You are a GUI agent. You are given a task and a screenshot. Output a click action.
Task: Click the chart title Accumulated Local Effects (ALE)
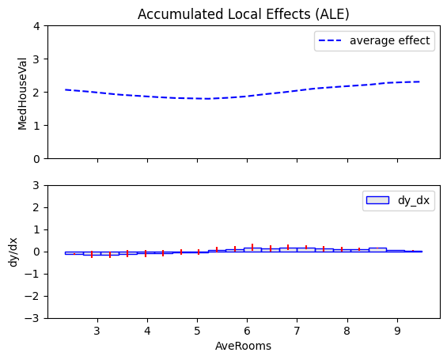[243, 14]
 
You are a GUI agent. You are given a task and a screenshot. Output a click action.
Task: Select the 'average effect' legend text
[390, 40]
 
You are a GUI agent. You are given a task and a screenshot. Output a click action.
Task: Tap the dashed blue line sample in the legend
[330, 41]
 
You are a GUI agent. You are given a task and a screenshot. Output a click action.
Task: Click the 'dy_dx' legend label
[414, 200]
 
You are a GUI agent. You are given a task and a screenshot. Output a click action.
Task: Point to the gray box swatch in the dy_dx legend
[377, 200]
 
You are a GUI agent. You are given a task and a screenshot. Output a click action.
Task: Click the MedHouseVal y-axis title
[22, 94]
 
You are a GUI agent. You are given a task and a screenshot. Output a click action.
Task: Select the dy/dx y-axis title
[13, 252]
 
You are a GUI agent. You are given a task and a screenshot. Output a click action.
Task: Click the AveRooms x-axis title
[243, 346]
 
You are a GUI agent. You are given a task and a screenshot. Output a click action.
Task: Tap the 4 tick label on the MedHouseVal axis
[36, 26]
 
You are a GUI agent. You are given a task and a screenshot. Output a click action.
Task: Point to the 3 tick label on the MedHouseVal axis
[36, 59]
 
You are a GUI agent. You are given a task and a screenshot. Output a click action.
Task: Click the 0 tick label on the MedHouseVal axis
[36, 159]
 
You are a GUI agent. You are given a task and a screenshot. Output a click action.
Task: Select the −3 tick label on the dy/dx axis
[32, 318]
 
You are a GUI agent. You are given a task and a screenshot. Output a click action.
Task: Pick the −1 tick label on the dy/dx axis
[32, 274]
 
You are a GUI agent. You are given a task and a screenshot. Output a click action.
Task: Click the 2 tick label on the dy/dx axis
[36, 207]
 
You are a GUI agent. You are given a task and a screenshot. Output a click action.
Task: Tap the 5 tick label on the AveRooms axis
[197, 331]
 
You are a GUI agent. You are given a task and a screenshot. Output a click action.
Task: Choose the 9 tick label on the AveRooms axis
[397, 331]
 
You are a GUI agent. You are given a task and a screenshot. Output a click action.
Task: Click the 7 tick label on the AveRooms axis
[297, 331]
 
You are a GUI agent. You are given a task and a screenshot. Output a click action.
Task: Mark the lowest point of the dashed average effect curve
[206, 99]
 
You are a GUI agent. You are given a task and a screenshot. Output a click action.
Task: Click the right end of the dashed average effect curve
[420, 81]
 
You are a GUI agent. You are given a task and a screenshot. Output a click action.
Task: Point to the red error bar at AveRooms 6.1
[252, 247]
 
